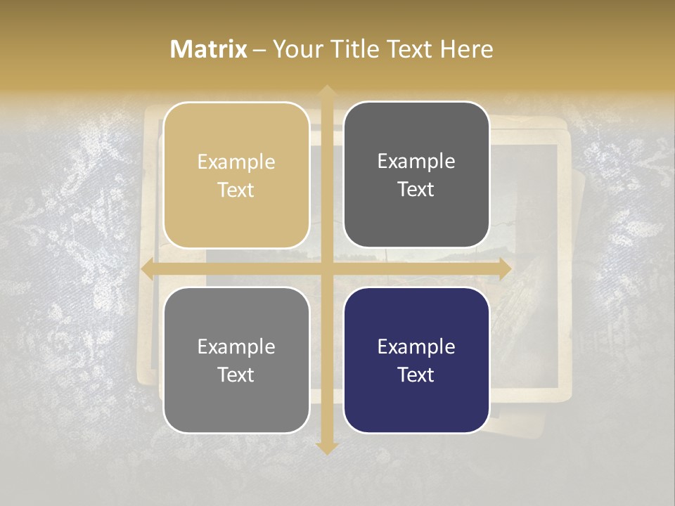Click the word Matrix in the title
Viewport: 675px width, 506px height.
(209, 49)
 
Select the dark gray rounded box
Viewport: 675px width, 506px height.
(416, 218)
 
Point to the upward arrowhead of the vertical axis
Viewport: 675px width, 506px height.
(326, 92)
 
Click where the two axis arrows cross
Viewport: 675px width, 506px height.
(326, 269)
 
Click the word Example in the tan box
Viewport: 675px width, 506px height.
(236, 162)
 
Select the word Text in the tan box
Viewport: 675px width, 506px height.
(236, 190)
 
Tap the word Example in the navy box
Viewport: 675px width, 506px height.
(416, 346)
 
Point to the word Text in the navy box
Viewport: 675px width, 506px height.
(416, 375)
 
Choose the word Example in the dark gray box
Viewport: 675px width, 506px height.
(416, 162)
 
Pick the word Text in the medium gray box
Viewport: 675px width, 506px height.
(236, 375)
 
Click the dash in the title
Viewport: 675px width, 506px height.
(259, 50)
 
